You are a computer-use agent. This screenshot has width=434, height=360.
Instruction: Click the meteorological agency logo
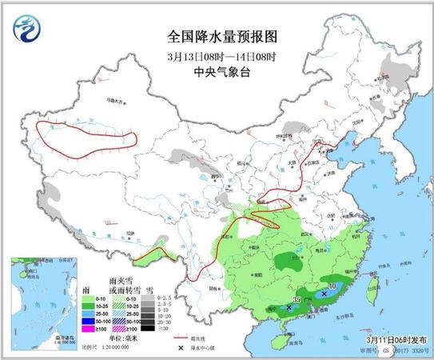tap(29, 30)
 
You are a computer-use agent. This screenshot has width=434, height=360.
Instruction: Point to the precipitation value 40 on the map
tap(332, 285)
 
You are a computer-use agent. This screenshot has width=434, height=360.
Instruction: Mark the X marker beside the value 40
tap(323, 294)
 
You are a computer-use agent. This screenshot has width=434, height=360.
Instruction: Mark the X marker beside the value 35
tap(289, 306)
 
